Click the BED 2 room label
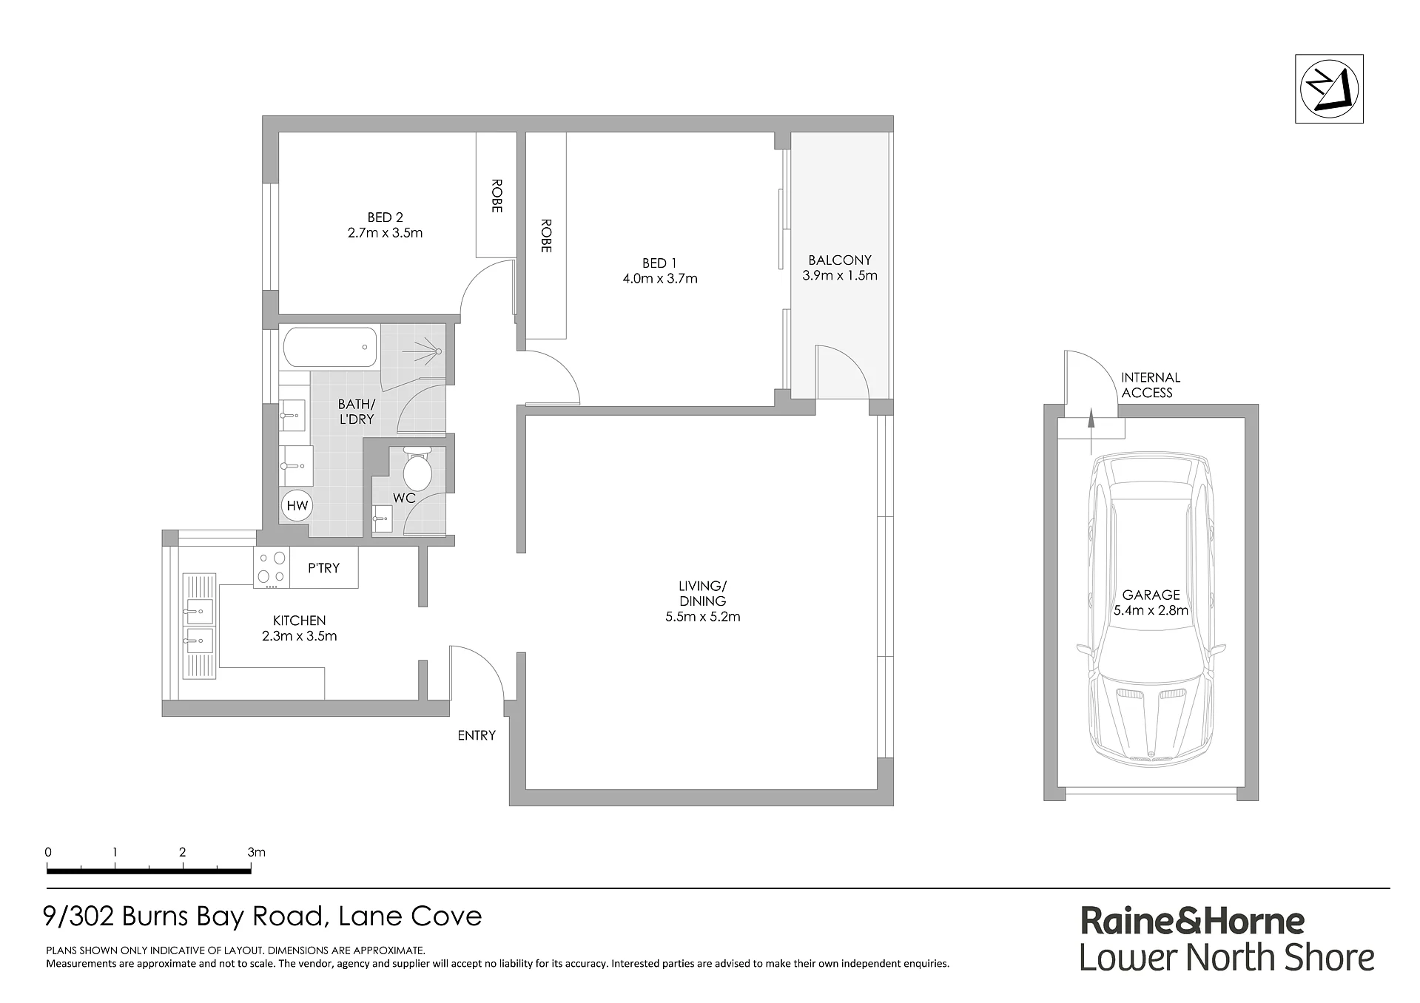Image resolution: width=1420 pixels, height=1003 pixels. tap(385, 217)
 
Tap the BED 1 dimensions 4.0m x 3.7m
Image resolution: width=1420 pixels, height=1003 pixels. tap(660, 279)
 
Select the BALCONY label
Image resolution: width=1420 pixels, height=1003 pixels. tap(840, 260)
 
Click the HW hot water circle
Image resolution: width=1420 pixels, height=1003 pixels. tap(297, 506)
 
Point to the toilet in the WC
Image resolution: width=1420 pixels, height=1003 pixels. tap(417, 467)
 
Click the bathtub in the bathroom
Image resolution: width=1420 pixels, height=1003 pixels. tap(329, 348)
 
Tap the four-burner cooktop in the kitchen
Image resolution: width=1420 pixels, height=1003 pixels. tap(271, 568)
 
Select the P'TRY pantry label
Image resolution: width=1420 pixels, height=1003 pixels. tap(323, 568)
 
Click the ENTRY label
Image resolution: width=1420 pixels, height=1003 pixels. tap(477, 735)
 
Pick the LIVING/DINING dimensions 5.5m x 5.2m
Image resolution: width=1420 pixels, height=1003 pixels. tap(703, 616)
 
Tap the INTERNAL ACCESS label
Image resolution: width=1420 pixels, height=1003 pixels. tap(1150, 385)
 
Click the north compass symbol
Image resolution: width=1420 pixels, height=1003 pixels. tap(1329, 88)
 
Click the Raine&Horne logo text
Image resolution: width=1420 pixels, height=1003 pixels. tap(1193, 921)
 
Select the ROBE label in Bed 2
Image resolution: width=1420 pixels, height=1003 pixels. tap(497, 196)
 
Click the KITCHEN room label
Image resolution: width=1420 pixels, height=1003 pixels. tap(300, 621)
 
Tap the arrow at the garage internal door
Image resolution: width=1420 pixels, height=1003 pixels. tap(1090, 431)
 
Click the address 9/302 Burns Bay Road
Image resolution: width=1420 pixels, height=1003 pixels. tap(185, 917)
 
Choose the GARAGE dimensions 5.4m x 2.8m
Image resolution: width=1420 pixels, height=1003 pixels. tap(1151, 610)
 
